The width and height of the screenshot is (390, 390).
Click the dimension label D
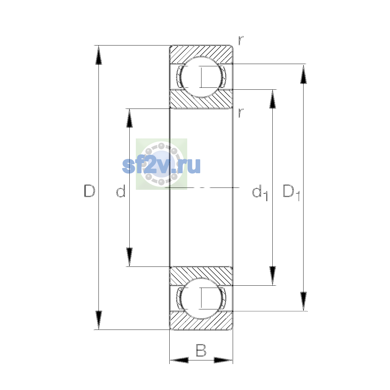[89, 191]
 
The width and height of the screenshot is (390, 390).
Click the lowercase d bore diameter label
[121, 191]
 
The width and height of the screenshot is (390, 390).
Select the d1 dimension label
[260, 193]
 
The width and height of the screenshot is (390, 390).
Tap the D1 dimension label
[291, 193]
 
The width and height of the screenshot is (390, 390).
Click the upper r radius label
[240, 41]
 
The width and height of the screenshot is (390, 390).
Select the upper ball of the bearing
[201, 77]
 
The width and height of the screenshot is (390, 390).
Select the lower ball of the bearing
[201, 299]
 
